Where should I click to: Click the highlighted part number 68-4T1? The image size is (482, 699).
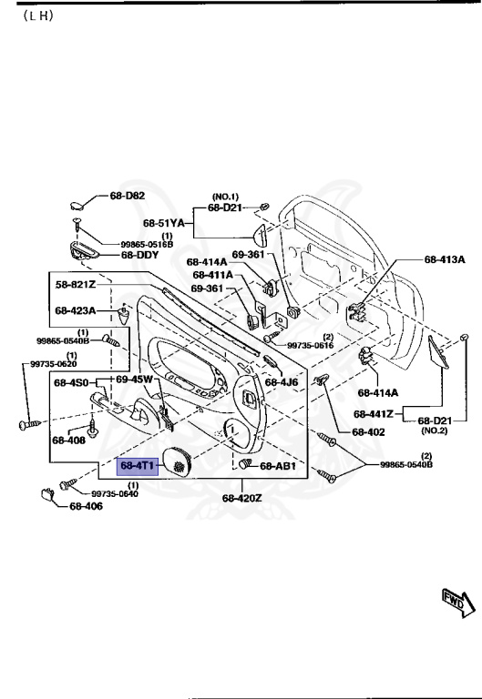click(x=138, y=465)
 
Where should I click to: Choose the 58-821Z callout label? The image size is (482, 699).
click(x=76, y=285)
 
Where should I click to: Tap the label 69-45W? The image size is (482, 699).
click(x=134, y=379)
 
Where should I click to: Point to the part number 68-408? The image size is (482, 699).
click(x=68, y=440)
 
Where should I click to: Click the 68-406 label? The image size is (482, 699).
click(x=87, y=507)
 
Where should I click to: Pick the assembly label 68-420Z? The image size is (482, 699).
click(x=241, y=498)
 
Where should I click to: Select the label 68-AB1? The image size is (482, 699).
click(x=278, y=466)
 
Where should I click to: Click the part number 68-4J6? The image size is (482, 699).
click(x=282, y=382)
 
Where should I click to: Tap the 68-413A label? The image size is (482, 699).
click(x=444, y=259)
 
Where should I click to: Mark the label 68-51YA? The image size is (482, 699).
click(x=163, y=222)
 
